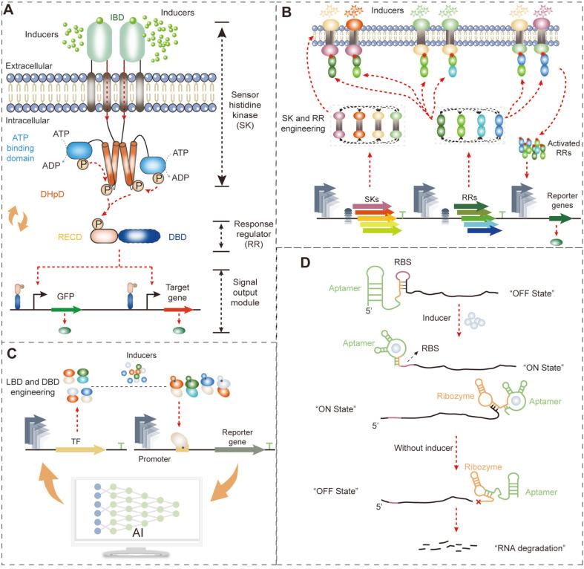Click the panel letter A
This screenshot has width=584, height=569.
pyautogui.click(x=10, y=10)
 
